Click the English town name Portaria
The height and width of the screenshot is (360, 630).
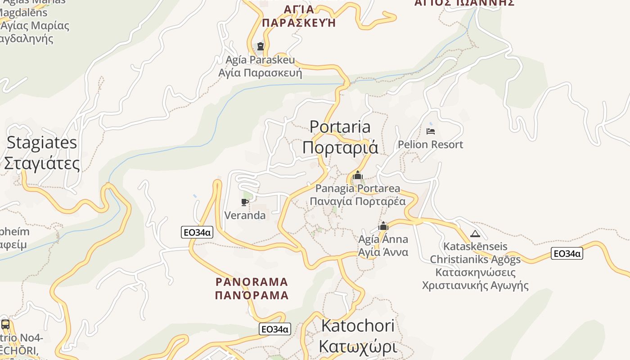340,127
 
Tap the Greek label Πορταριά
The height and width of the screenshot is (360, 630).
340,148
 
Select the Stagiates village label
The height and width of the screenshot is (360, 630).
42,143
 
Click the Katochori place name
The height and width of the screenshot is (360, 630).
358,326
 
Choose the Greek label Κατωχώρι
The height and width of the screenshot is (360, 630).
358,346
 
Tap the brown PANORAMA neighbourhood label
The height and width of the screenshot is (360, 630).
252,282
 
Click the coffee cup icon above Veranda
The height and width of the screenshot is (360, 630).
245,202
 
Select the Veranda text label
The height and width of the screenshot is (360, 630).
245,216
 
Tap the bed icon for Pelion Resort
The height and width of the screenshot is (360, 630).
431,131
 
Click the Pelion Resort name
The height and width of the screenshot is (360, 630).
430,144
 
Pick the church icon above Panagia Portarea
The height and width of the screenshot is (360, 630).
358,175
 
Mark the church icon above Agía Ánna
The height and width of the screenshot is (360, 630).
383,226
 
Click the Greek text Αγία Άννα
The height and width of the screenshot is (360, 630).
383,252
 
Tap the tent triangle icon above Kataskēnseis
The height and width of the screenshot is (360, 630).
475,234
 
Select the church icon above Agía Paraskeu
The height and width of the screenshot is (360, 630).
260,46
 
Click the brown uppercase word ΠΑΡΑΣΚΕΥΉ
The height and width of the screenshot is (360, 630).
299,23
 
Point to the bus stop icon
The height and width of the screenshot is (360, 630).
5,324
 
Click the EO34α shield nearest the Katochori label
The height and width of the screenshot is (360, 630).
275,329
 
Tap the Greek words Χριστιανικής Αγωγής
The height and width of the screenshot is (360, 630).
475,285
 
